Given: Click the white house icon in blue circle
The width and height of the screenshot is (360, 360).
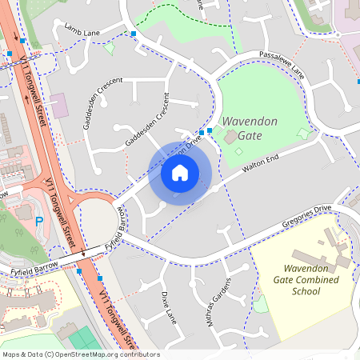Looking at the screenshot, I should (x=180, y=173).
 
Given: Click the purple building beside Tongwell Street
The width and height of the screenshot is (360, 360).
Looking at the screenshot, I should (x=58, y=104).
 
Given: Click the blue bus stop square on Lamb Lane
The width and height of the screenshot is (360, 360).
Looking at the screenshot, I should (x=133, y=34).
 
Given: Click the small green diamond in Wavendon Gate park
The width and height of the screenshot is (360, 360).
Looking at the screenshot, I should (x=302, y=132).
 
